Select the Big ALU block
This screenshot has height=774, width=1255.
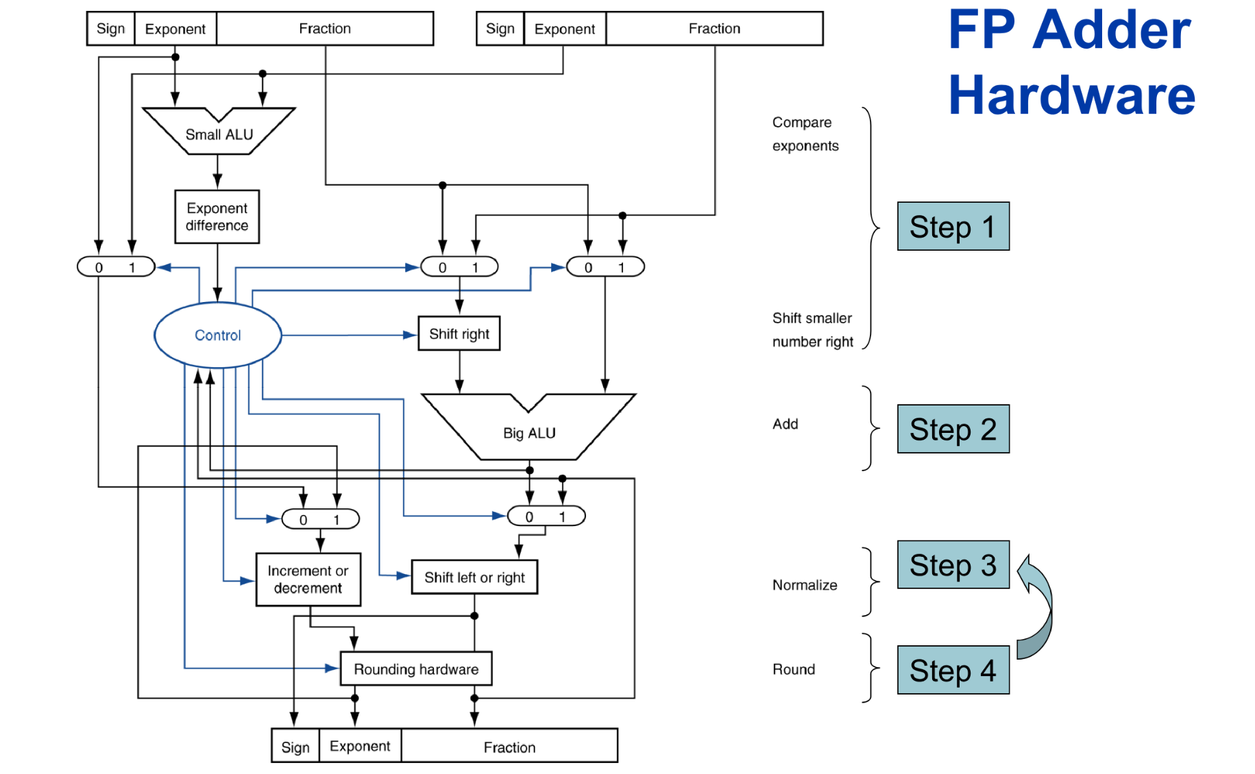pos(528,432)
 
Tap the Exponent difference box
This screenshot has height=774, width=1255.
pos(217,216)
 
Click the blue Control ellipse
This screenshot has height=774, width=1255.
pos(218,335)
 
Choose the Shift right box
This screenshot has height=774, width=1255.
pos(459,334)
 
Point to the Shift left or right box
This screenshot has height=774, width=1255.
pos(474,577)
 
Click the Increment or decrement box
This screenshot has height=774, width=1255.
pos(308,579)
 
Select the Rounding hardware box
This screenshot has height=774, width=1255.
pos(416,669)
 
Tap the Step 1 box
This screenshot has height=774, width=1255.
pos(953,227)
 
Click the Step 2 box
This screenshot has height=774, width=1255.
pos(953,429)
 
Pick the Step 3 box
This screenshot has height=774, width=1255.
pos(953,565)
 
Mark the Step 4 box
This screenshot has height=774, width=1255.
pos(953,671)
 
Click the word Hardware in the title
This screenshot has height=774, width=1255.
pos(1071,95)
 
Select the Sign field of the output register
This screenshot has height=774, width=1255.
pos(295,747)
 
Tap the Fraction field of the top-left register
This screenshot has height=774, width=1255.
pos(325,29)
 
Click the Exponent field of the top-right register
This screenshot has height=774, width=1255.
pos(565,29)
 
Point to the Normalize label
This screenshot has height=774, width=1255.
pos(805,585)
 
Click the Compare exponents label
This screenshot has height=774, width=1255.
pos(805,134)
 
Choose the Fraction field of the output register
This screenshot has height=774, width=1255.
pos(509,747)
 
